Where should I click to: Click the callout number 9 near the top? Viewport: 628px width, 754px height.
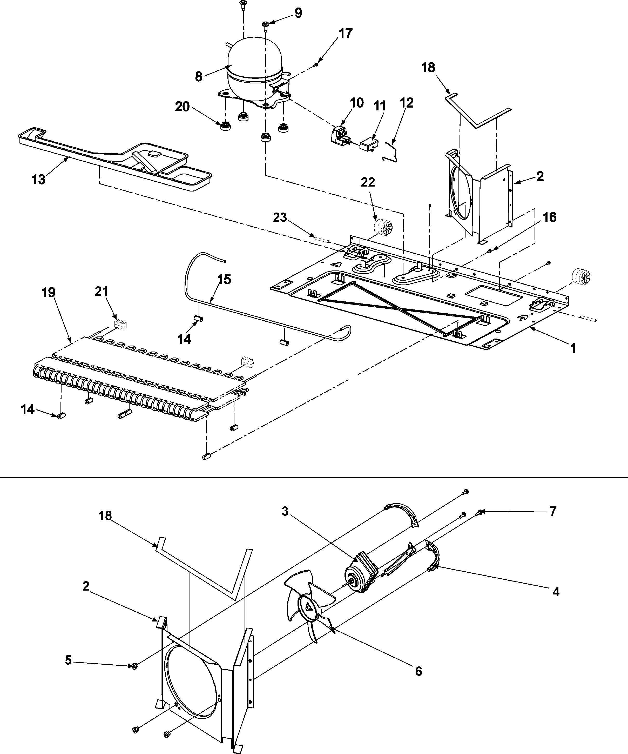[x=298, y=13]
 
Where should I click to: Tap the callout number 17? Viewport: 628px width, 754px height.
[x=346, y=34]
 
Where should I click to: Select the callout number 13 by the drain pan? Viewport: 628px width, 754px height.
[x=38, y=180]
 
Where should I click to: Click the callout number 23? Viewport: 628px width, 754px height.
[x=280, y=217]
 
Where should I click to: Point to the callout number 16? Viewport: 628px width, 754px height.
[x=549, y=217]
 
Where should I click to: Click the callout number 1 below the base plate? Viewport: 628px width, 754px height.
[x=573, y=348]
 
